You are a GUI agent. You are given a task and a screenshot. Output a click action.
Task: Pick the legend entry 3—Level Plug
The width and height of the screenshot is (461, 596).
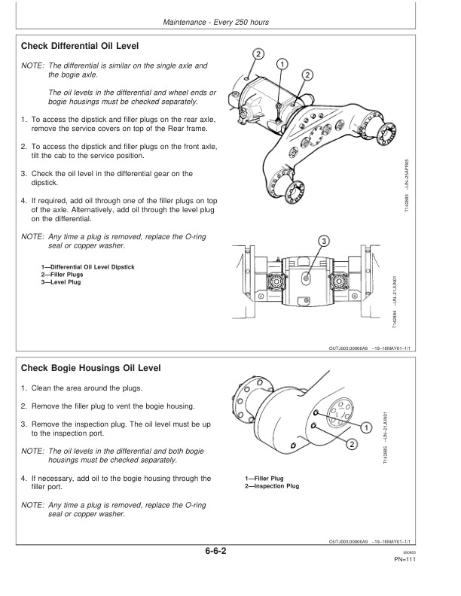pyautogui.click(x=61, y=283)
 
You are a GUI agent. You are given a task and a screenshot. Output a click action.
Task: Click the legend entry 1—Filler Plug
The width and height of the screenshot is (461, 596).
pyautogui.click(x=264, y=479)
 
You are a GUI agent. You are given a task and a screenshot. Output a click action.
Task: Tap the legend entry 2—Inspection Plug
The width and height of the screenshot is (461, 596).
pyautogui.click(x=272, y=486)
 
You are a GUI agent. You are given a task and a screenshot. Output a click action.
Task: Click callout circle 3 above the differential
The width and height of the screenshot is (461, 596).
pyautogui.click(x=324, y=242)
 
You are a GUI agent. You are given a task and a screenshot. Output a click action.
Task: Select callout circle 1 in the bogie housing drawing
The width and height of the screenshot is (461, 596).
pyautogui.click(x=366, y=429)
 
